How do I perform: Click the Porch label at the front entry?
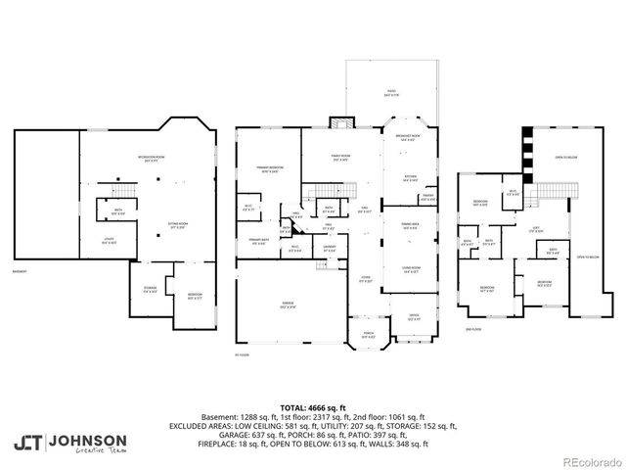368,335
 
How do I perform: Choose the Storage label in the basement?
149,290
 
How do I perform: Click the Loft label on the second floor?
537,230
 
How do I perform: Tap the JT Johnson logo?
69,441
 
